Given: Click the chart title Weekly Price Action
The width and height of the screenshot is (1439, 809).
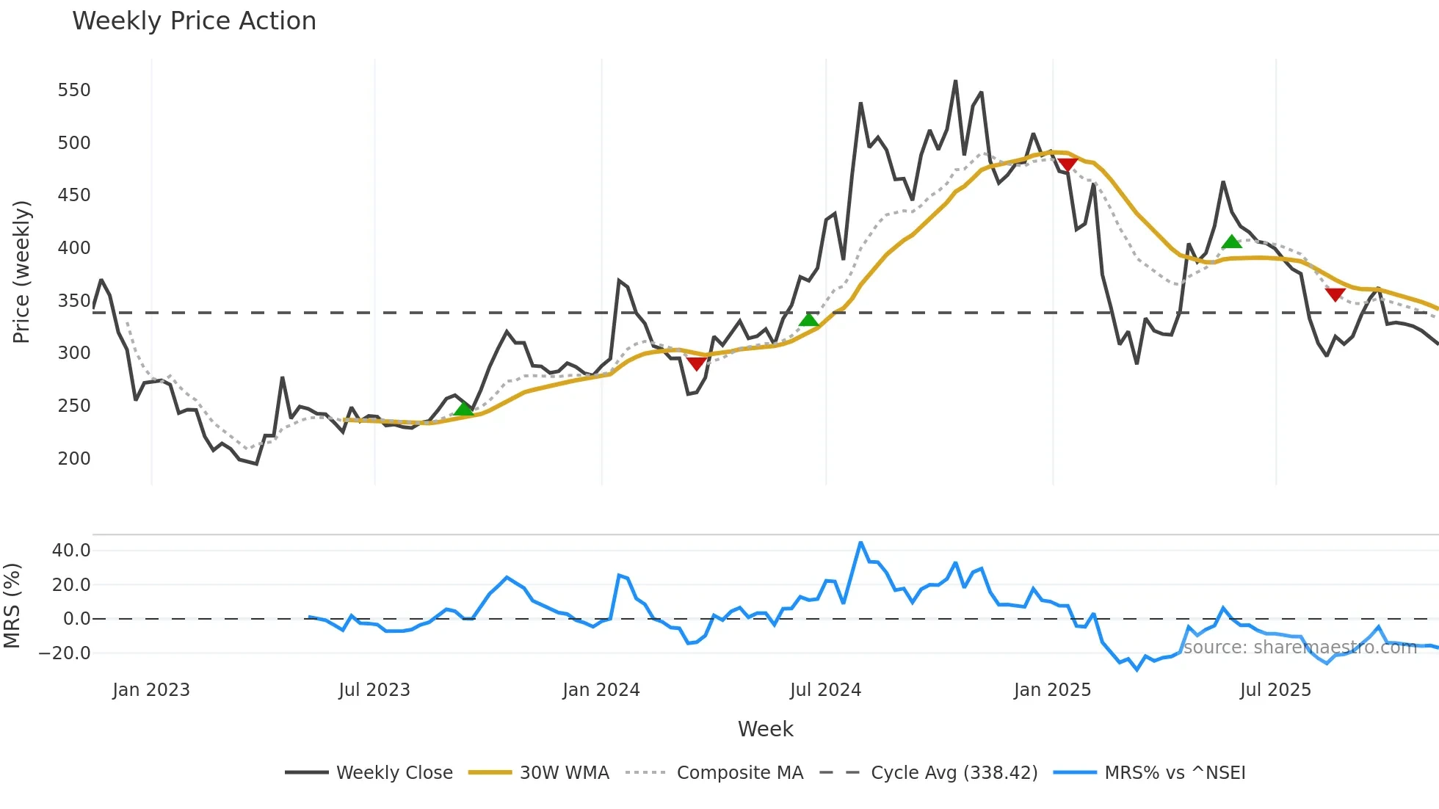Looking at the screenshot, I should [194, 21].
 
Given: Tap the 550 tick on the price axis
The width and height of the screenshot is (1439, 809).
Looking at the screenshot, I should [74, 90].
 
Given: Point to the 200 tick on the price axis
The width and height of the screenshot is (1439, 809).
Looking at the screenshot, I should [74, 459].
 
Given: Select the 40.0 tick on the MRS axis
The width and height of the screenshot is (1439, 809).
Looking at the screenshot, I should [71, 551].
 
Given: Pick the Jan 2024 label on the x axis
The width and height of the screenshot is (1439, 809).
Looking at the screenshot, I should [601, 690].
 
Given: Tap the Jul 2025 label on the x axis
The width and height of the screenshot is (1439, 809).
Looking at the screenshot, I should [1275, 690].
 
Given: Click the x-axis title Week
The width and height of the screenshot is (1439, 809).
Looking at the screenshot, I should [765, 729].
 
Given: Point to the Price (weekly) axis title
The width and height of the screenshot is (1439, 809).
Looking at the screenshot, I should [21, 272].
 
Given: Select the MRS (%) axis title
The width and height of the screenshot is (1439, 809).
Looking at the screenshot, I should [12, 606].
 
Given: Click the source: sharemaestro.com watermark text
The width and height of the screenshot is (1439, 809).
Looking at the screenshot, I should [1300, 647].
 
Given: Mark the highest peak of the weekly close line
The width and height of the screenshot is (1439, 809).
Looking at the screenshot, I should [955, 81].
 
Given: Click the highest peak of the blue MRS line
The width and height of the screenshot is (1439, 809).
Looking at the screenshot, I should [860, 543].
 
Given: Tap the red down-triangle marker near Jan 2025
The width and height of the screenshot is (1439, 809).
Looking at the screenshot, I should [1068, 164].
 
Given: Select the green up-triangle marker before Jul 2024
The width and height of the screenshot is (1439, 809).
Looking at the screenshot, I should [808, 319].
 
